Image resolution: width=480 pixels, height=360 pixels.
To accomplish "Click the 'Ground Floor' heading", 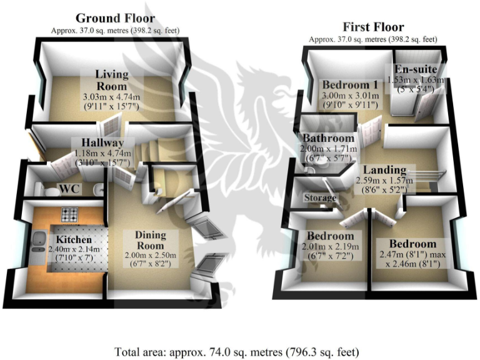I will [115, 18].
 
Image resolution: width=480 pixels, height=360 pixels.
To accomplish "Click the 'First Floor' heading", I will [373, 27].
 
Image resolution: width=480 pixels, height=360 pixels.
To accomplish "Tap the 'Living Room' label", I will [111, 80].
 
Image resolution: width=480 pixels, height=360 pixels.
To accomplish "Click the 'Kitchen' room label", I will [75, 239].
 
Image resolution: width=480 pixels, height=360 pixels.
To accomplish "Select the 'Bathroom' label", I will [329, 138].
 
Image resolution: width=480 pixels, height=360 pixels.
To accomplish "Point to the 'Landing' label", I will [385, 169].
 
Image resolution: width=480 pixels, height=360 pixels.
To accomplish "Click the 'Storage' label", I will [320, 197].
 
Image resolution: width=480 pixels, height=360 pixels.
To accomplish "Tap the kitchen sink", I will [38, 240].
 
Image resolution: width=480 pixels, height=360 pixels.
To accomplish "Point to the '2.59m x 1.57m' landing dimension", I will [385, 180].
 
